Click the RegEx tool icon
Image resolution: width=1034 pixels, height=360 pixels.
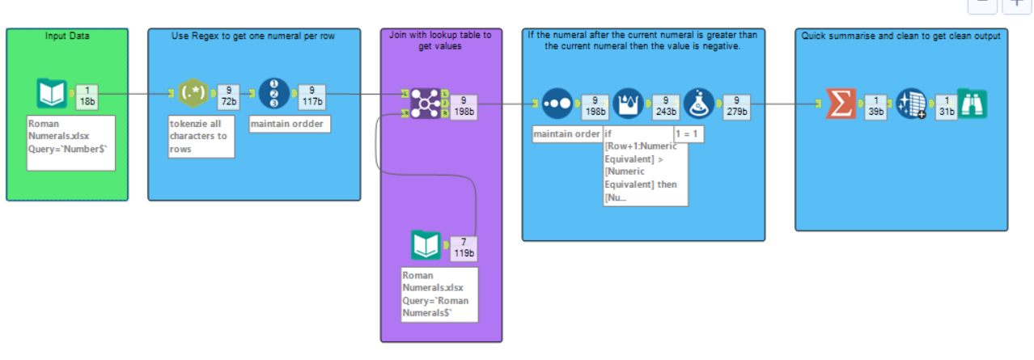point(192,94)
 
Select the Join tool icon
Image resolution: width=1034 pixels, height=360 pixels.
point(425,104)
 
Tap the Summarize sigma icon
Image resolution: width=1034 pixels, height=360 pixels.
point(841,104)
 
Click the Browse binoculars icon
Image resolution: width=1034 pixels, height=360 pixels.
point(972,104)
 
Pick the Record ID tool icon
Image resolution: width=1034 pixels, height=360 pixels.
point(274,94)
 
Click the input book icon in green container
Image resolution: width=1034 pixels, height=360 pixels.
point(53,94)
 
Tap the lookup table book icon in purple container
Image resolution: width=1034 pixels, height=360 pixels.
point(426,246)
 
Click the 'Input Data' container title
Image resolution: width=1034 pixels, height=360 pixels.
point(67,36)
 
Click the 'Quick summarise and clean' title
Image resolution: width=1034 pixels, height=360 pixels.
point(901,36)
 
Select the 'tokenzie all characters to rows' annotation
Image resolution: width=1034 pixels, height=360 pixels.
point(201,136)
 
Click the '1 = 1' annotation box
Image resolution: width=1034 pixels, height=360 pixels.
point(688,134)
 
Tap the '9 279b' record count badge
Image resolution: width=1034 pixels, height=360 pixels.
point(736,105)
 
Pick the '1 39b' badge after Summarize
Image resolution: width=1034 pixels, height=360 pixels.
point(874,105)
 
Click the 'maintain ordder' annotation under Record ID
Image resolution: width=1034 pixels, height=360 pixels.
point(289,125)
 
